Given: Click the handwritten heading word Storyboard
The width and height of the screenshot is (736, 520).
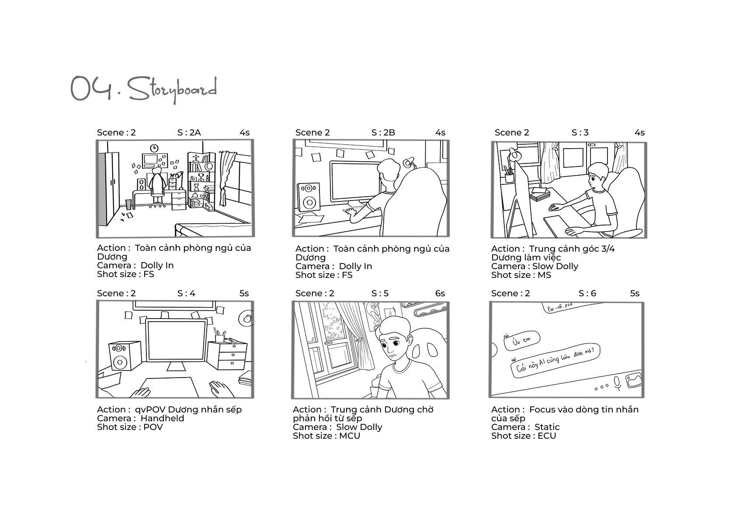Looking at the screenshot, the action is click(x=172, y=89).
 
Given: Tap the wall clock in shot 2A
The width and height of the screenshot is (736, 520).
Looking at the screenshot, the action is click(x=154, y=148).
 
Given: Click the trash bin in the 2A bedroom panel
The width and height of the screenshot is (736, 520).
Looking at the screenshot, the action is click(x=128, y=205).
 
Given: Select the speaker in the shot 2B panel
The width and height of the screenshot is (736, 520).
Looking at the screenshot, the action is click(x=309, y=197).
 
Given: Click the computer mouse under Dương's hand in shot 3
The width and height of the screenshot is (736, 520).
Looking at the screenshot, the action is click(x=555, y=208).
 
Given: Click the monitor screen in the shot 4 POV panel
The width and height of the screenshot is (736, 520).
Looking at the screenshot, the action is click(x=177, y=340).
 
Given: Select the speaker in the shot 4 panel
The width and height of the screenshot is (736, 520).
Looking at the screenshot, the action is click(x=125, y=357).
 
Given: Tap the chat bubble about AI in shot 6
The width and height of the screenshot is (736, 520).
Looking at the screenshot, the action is click(x=555, y=361).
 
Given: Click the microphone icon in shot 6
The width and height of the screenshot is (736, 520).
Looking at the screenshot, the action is click(x=618, y=383).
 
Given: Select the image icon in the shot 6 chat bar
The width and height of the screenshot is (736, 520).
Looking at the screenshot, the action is click(x=634, y=380).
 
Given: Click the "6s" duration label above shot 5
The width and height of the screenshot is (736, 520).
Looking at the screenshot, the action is click(x=440, y=293).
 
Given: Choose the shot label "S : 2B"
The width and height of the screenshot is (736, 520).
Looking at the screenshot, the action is click(x=383, y=132).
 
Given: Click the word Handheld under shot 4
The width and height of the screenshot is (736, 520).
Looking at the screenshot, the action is click(x=162, y=418).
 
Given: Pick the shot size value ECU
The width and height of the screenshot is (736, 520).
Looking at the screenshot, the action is click(x=547, y=436).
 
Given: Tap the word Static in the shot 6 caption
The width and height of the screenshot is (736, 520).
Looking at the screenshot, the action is click(x=547, y=427).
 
